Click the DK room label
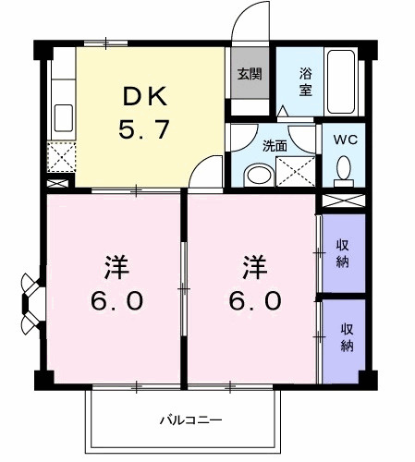143,95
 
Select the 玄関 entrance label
247,74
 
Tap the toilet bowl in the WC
344,169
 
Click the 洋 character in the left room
116,269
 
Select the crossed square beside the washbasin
296,170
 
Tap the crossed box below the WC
343,200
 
